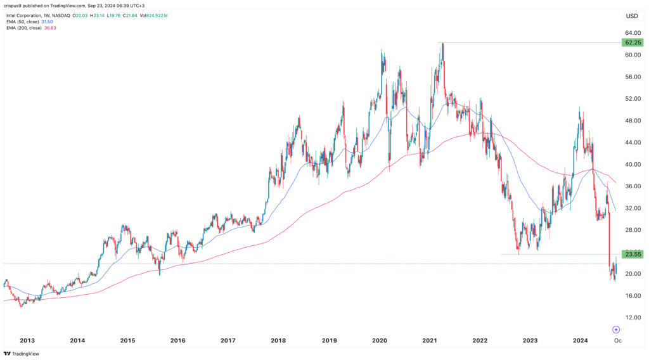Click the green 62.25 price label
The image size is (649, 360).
click(633, 42)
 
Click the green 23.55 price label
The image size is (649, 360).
click(633, 255)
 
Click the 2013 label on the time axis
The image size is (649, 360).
click(27, 340)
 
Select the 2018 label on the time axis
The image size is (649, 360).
click(278, 340)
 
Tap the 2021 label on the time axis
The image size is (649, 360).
click(429, 340)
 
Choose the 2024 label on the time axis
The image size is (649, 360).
click(580, 340)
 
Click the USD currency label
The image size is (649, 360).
click(632, 16)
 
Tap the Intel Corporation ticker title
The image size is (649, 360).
click(27, 13)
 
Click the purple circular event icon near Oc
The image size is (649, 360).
click(616, 330)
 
